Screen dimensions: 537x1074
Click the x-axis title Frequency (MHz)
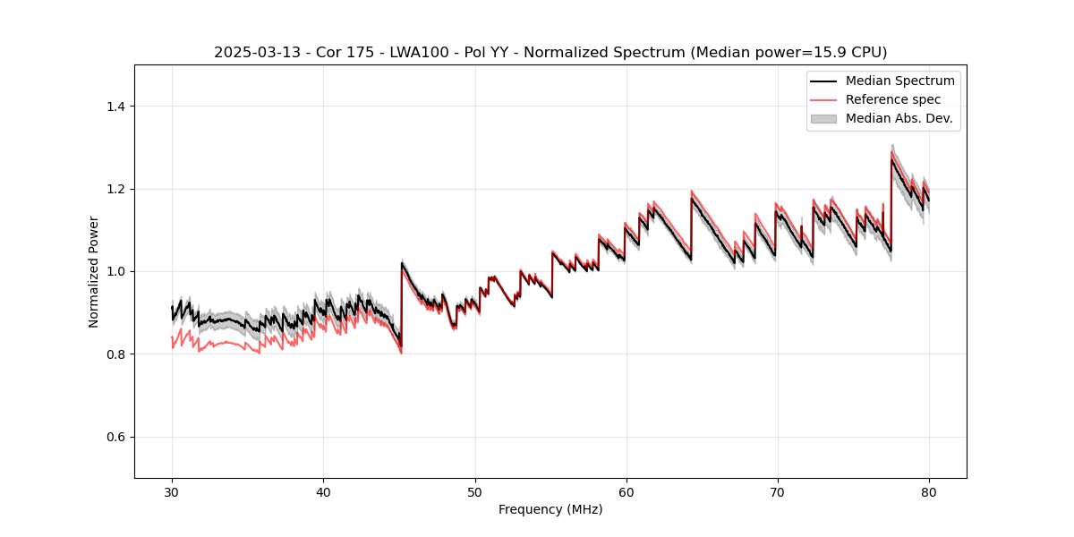(x=550, y=509)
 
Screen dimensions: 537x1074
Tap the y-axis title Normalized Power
(x=94, y=271)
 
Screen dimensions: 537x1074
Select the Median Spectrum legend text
(x=899, y=81)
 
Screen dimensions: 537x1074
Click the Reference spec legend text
(x=893, y=99)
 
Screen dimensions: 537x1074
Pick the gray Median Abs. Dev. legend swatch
(x=823, y=118)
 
